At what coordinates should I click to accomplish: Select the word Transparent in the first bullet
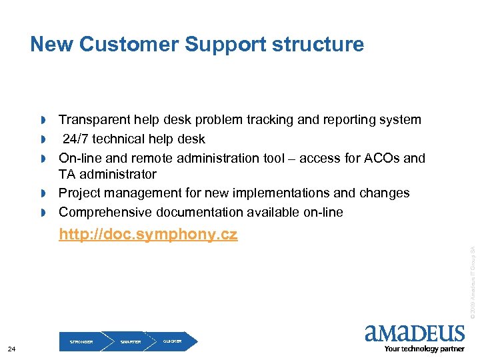coord(95,120)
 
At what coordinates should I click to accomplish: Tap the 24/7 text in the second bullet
coord(77,139)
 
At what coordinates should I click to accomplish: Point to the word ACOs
coord(379,159)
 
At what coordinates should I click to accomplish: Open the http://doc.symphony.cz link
coord(148,235)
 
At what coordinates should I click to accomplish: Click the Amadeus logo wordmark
coord(415,333)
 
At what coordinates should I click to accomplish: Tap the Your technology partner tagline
coord(423,349)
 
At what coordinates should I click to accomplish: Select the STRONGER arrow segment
coord(81,341)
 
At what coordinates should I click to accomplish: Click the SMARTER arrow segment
coord(131,341)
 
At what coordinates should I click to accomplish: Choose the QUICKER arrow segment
coord(173,341)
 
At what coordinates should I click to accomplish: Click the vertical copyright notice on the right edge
coord(471,280)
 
